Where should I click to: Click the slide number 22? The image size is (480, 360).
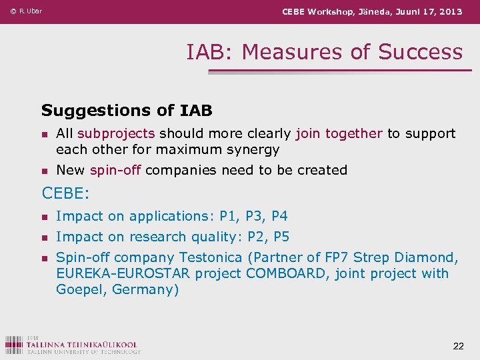(x=458, y=345)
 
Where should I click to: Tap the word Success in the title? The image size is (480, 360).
(x=421, y=52)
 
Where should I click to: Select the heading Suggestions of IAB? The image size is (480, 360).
(x=127, y=110)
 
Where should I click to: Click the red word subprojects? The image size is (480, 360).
(x=116, y=133)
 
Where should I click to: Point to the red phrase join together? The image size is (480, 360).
(x=339, y=133)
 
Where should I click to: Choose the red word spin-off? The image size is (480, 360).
(x=115, y=170)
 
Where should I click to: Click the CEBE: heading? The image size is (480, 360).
(x=65, y=193)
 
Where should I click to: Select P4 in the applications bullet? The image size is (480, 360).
(x=279, y=216)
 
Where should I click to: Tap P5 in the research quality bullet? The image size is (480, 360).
(x=281, y=237)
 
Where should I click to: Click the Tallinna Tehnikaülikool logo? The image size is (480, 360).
(x=73, y=345)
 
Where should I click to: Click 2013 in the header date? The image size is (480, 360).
(x=450, y=11)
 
